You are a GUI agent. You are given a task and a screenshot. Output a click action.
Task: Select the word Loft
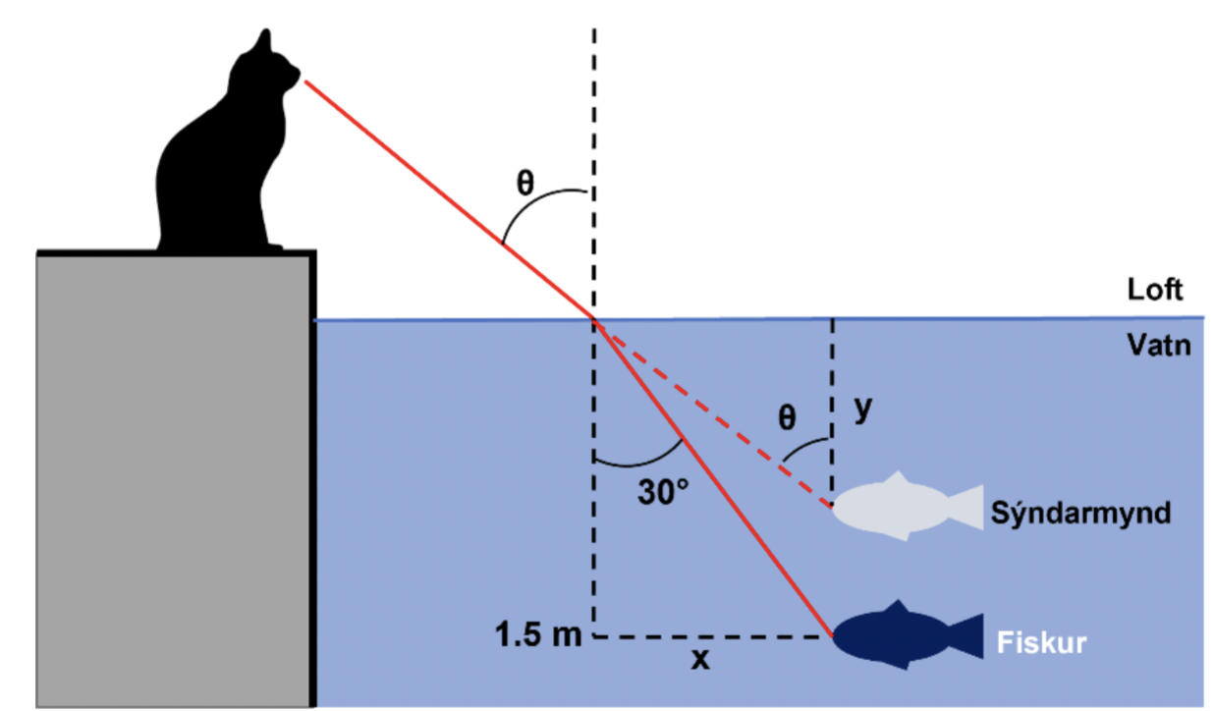pos(1156,291)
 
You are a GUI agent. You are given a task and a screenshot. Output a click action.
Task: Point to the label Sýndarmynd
pos(1080,514)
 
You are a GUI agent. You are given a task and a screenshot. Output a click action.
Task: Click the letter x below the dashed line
pos(699,662)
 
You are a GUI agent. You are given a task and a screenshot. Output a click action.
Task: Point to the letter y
pos(862,410)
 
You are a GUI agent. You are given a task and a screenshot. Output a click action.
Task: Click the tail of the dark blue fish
pos(968,636)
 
